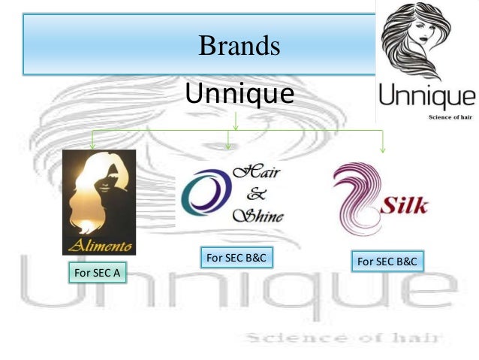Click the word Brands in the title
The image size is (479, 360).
(x=239, y=47)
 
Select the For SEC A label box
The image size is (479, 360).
(x=95, y=274)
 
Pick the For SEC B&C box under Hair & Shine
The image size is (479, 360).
(x=236, y=259)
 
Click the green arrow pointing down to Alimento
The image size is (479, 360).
(x=92, y=143)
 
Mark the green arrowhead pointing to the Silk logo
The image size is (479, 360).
(x=383, y=149)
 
